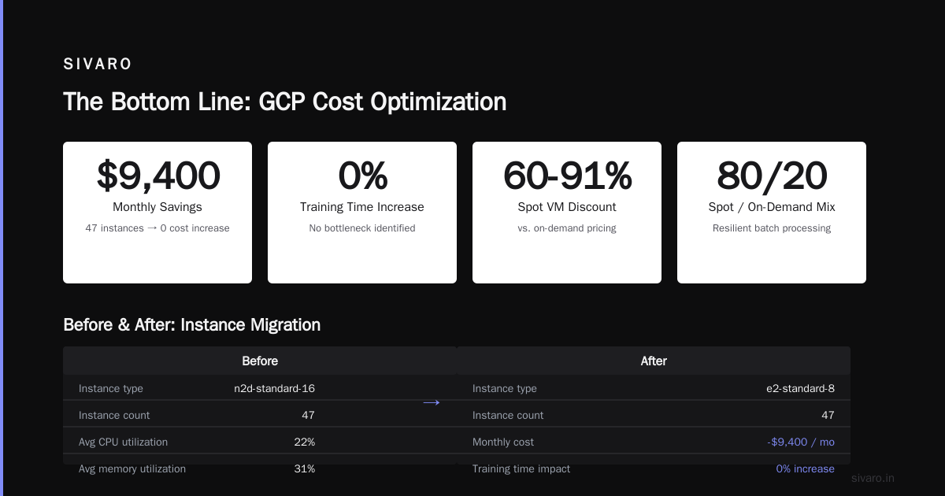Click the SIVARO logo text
pos(97,64)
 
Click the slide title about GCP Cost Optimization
pos(285,102)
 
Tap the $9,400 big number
pos(157,176)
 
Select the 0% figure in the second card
pos(362,176)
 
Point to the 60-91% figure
pos(567,176)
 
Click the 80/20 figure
pos(772,176)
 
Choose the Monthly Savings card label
pos(157,207)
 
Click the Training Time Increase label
pos(362,207)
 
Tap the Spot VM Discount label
pos(567,207)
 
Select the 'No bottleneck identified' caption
pos(362,228)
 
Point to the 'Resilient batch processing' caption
pos(772,228)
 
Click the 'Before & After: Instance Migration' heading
pos(192,325)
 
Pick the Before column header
pos(260,361)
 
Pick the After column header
pos(654,361)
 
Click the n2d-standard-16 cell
pos(274,388)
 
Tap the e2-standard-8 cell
pos(800,388)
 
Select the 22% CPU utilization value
pos(305,442)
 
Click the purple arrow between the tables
pos(432,403)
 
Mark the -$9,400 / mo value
pos(801,442)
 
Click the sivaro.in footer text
pos(873,478)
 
